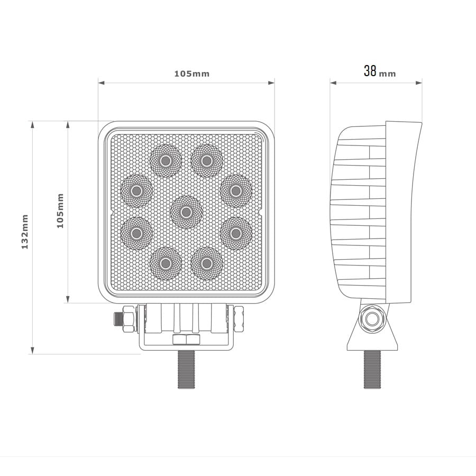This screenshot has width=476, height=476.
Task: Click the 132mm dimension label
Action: click(25, 232)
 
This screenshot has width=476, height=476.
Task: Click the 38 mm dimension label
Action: click(380, 71)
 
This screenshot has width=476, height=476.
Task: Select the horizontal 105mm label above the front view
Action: click(192, 74)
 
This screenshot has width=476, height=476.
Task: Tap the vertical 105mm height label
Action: click(60, 210)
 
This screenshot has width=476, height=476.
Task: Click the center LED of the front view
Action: click(186, 212)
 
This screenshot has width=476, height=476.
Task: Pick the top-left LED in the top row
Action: click(166, 161)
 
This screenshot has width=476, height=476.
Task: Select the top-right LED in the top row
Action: click(206, 161)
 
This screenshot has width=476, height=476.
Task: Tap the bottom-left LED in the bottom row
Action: click(166, 263)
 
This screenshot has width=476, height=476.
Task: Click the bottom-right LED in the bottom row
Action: click(206, 263)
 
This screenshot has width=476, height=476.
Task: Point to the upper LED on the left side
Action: click(136, 191)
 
